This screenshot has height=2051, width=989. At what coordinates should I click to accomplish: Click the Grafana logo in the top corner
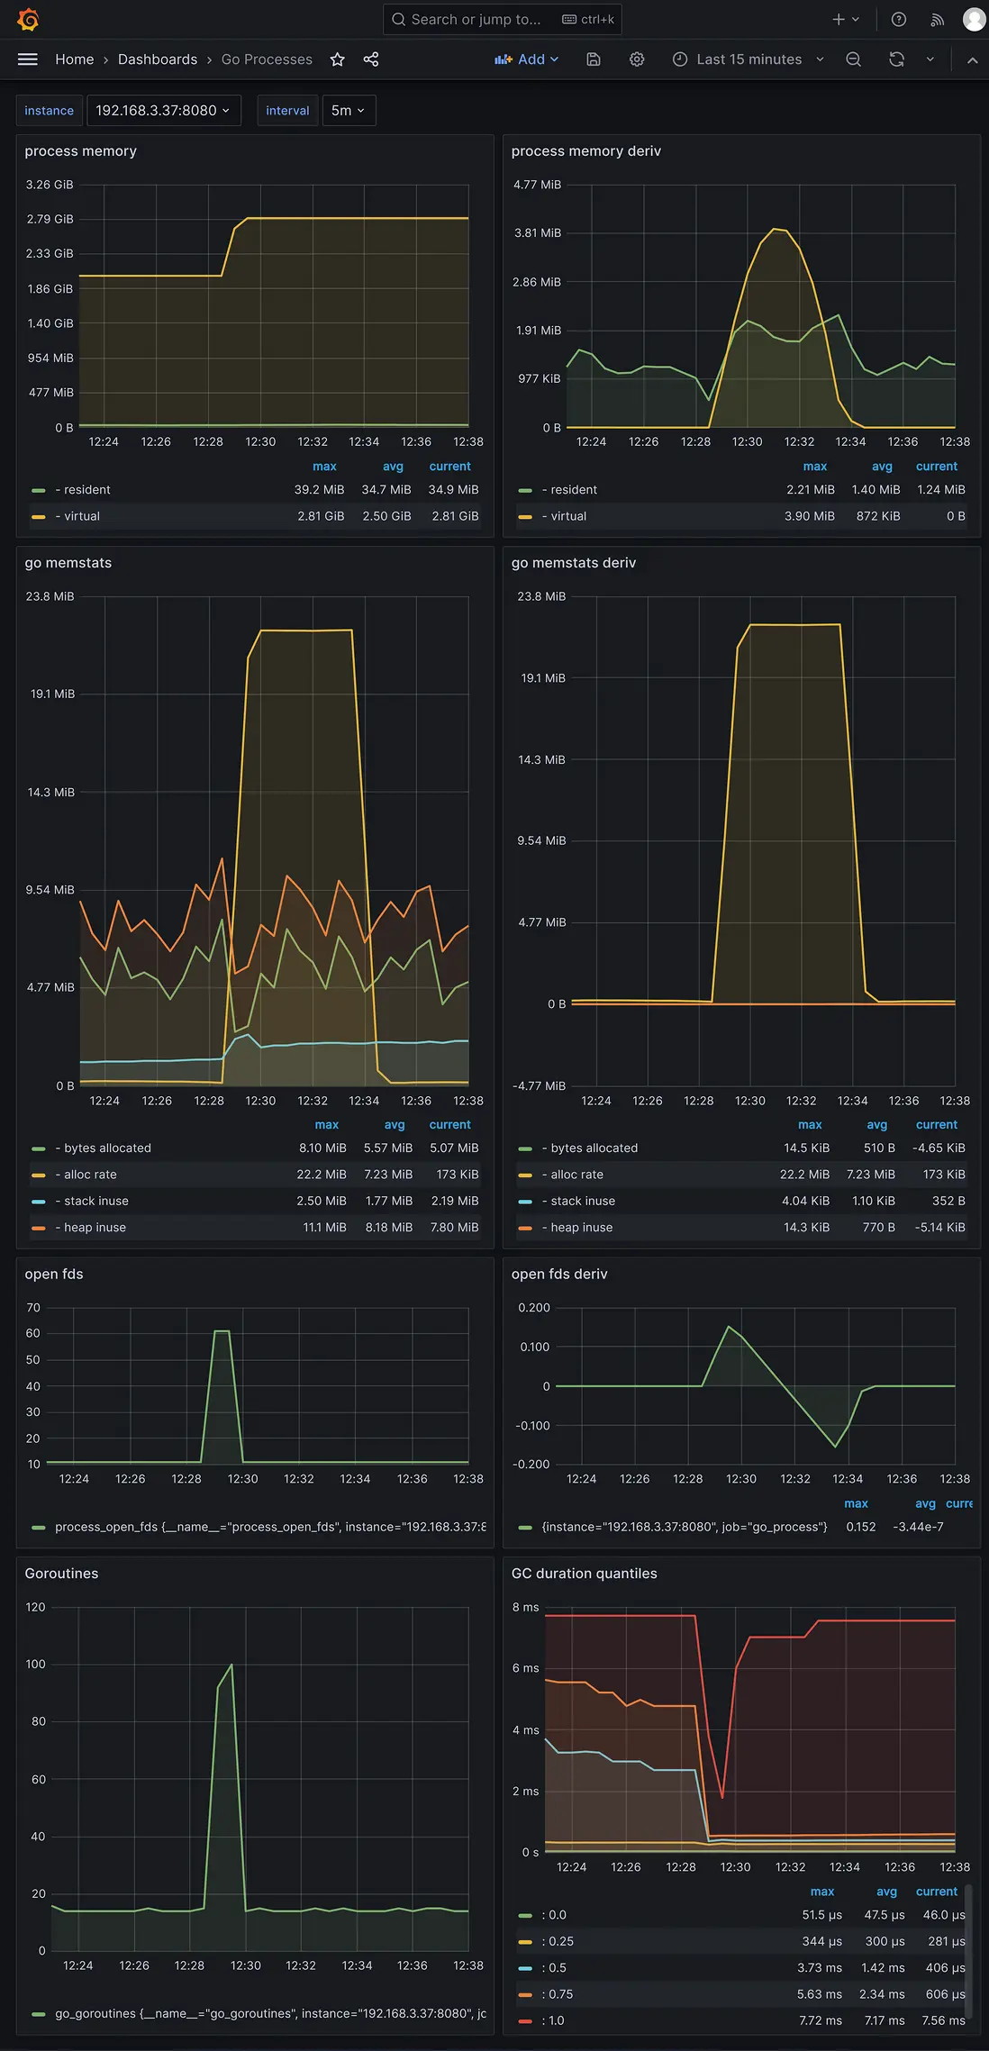[28, 19]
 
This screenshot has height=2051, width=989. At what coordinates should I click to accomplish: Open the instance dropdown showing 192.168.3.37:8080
[163, 111]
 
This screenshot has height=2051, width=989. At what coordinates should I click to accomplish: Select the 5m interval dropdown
[348, 111]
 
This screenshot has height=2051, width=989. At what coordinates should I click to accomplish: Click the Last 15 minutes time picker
[749, 59]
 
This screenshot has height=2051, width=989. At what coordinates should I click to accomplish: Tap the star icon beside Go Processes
[338, 59]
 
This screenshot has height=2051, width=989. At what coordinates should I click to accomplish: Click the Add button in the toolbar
[527, 59]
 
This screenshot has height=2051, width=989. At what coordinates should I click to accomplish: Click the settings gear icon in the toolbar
[637, 59]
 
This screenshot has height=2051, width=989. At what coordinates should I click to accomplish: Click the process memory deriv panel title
[585, 151]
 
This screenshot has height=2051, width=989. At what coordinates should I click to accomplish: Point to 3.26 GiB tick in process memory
[50, 185]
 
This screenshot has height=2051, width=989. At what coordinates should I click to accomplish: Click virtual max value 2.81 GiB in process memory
[321, 516]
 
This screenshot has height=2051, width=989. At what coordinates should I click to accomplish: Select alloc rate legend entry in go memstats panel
[90, 1175]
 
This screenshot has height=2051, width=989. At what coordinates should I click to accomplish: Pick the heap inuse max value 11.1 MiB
[324, 1228]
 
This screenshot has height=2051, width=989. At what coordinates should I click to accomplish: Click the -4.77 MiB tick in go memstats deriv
[540, 1085]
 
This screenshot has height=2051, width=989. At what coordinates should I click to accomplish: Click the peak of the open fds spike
[222, 1331]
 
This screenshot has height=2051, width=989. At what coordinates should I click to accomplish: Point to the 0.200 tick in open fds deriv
[534, 1308]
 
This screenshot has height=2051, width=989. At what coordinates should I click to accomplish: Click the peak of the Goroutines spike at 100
[231, 1665]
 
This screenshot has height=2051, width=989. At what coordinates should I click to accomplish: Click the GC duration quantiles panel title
[584, 1574]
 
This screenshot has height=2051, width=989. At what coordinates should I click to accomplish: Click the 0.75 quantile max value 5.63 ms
[819, 1994]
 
